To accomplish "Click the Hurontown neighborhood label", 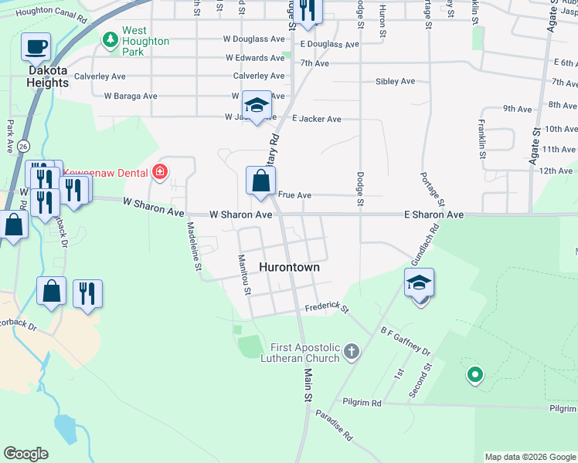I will [290, 267].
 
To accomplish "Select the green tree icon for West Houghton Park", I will [110, 39].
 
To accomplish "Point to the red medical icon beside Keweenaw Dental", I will [160, 171].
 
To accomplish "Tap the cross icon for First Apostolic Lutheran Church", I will [352, 353].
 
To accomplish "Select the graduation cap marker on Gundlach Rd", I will [419, 283].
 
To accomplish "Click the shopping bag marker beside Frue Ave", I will [261, 181].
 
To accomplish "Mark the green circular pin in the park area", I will [474, 376].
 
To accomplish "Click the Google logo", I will [25, 454].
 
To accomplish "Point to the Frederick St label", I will [328, 307].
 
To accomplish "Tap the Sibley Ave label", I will [395, 81].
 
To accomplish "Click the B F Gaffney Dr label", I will [405, 340].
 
